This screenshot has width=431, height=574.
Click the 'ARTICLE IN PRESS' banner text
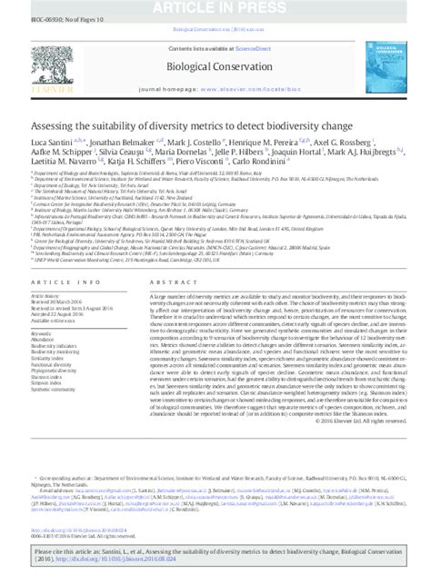(x=215, y=5)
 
